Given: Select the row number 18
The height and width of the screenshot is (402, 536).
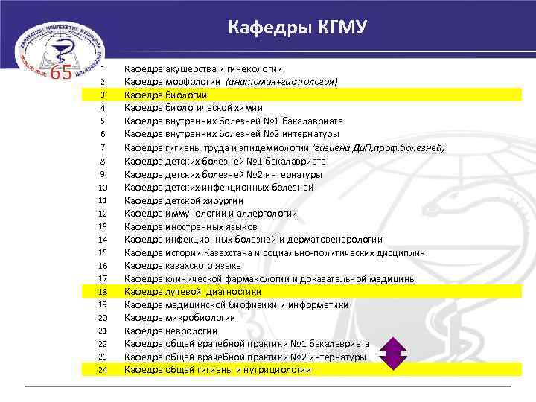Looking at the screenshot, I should (x=103, y=291).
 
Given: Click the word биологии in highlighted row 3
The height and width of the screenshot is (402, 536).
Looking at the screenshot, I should (x=186, y=95).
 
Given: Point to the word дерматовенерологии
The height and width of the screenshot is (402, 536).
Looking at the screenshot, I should (x=336, y=239).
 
